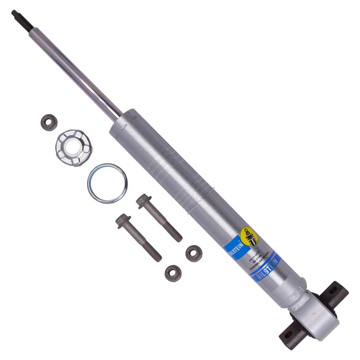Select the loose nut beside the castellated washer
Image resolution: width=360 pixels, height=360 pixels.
(49, 122)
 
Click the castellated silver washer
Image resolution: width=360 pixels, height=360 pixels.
(73, 147)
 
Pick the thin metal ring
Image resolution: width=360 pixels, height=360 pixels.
(107, 183)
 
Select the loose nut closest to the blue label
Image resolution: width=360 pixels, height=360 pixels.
(194, 253)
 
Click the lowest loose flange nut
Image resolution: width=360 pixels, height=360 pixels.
(173, 273)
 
